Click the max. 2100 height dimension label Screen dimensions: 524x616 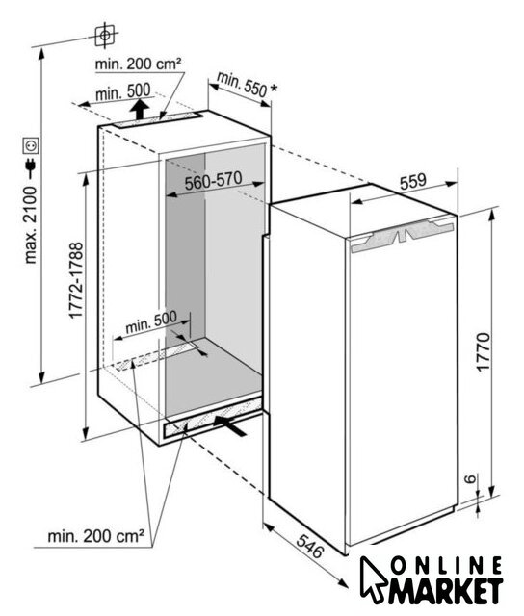[x=30, y=224]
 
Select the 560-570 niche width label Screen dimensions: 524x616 [x=214, y=181]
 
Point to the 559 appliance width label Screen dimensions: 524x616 [x=413, y=182]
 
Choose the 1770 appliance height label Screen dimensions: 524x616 [x=484, y=350]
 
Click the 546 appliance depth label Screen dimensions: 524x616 [x=309, y=546]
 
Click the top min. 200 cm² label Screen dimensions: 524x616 [x=138, y=64]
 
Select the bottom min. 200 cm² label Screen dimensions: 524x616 [x=96, y=536]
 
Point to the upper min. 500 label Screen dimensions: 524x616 [x=122, y=92]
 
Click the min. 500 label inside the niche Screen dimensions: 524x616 [x=151, y=322]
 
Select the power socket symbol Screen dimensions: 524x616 [x=31, y=145]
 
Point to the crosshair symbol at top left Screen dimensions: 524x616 [x=105, y=36]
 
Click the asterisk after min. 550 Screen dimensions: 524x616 [x=273, y=88]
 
